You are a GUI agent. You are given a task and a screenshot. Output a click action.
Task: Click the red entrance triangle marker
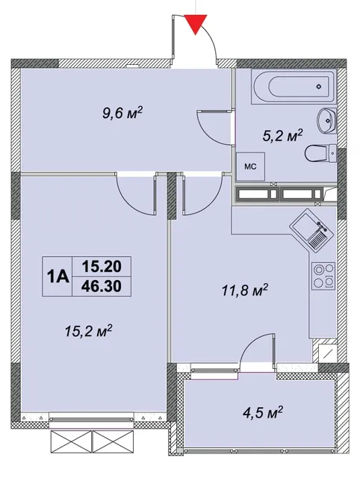(196, 24)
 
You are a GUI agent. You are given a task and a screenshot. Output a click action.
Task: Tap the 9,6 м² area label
(122, 114)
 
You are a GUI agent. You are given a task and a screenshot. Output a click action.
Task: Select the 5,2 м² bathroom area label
(282, 136)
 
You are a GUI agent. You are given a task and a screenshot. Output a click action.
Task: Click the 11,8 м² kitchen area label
(244, 291)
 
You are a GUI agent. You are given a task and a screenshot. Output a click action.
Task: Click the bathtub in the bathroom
(294, 87)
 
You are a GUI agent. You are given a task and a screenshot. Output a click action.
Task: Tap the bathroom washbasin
(326, 121)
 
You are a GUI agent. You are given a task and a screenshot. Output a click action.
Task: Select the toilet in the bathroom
(320, 153)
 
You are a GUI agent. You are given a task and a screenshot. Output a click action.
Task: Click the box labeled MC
(250, 167)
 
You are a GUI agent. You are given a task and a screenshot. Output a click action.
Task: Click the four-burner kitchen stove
(323, 276)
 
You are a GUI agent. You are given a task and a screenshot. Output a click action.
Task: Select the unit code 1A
(57, 276)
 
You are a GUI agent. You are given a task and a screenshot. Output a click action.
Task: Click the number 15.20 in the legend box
(102, 267)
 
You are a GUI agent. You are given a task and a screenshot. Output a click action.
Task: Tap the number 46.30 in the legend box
(102, 286)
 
